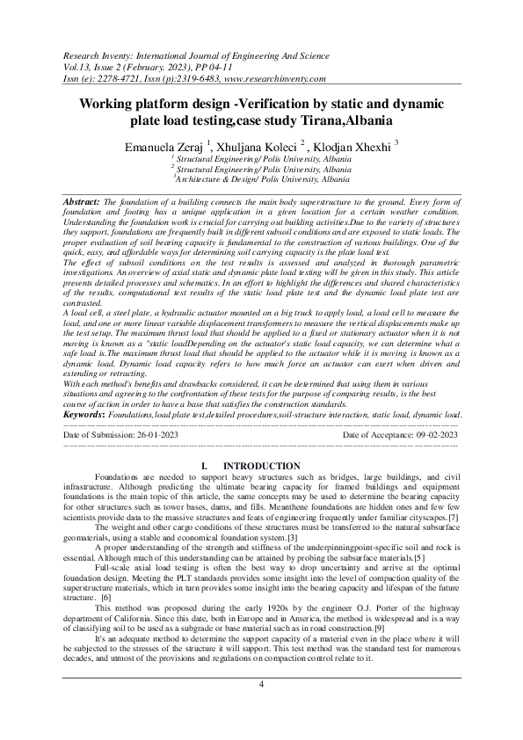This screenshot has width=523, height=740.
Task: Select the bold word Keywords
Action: [86, 412]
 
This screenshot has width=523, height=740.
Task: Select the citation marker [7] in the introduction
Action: [453, 519]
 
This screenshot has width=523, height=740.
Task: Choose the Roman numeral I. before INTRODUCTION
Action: [204, 466]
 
